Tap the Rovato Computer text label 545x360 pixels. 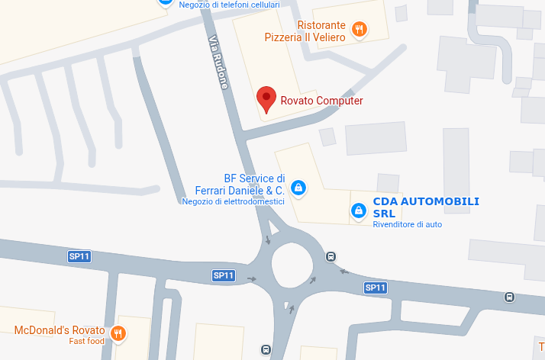(321, 101)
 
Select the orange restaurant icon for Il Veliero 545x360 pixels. (360, 31)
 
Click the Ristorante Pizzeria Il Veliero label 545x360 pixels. (305, 31)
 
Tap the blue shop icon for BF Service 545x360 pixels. (298, 187)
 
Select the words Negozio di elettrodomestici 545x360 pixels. (233, 202)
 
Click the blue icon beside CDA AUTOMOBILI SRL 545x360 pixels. (357, 210)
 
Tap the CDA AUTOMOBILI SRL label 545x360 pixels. (425, 207)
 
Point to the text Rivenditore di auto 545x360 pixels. (407, 224)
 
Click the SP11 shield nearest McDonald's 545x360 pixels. (79, 256)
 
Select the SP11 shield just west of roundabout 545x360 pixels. (223, 275)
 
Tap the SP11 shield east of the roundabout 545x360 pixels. (375, 288)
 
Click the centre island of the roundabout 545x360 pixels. (292, 268)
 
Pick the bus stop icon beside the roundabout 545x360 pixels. (331, 256)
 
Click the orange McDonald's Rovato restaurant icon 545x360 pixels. (118, 333)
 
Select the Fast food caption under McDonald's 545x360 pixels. (86, 341)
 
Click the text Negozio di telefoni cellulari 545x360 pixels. (229, 5)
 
